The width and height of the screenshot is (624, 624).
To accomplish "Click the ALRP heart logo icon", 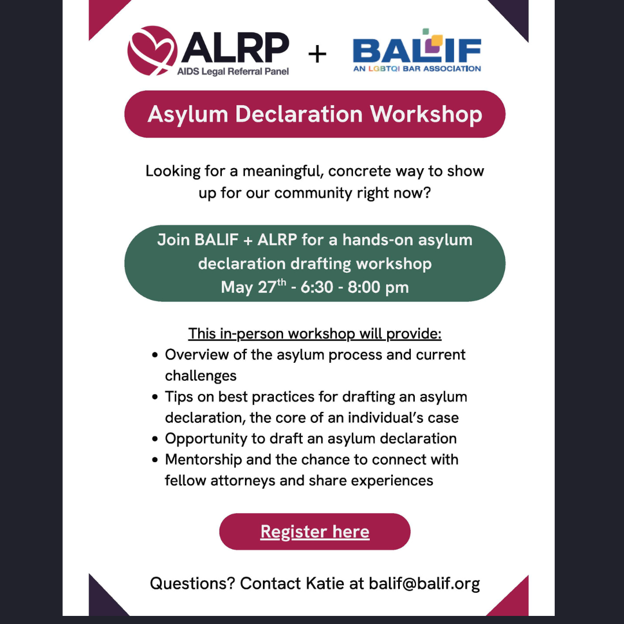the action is (153, 50).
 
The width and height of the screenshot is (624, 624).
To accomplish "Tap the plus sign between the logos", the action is (317, 54).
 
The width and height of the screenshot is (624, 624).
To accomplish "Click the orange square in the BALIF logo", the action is (437, 40).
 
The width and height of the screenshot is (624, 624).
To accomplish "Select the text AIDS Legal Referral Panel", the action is (233, 72).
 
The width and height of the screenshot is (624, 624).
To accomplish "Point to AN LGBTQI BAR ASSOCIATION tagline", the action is (417, 68).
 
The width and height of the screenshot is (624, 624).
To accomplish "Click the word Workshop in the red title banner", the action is (426, 114).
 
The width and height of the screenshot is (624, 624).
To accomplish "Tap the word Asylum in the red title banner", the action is (187, 115).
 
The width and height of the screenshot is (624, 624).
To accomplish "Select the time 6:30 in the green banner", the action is (317, 287).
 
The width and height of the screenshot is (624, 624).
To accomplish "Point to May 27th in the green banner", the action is (254, 287).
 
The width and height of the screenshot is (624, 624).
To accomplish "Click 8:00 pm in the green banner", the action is (378, 287).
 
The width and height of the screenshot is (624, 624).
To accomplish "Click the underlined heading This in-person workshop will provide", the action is (315, 333).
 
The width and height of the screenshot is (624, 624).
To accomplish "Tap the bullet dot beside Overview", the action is (155, 355).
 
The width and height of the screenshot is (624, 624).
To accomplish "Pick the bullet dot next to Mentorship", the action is (155, 460).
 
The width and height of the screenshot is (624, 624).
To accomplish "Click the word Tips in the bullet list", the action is (179, 397).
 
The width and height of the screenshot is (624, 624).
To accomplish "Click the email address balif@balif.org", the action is (424, 584).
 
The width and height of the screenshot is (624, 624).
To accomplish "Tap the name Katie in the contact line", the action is (325, 584).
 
